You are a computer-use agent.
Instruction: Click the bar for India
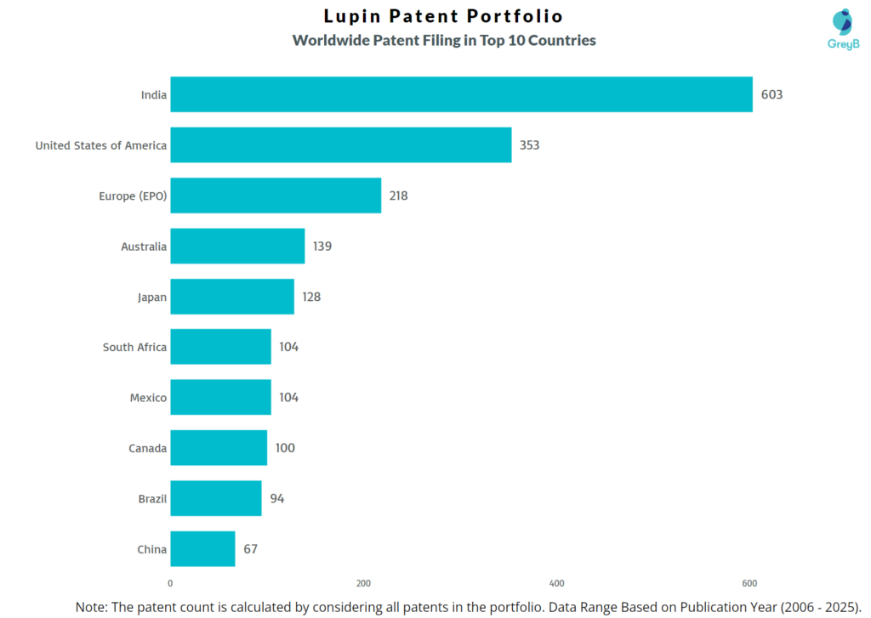tap(461, 94)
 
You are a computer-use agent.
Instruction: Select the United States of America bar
tap(340, 145)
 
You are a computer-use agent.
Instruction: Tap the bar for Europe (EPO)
tap(276, 196)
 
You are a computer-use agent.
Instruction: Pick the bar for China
tap(202, 549)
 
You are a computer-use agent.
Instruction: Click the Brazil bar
tap(215, 498)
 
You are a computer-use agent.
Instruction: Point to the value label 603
tap(771, 94)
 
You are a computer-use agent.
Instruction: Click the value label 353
tap(529, 145)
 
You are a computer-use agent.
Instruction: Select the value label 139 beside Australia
tap(322, 247)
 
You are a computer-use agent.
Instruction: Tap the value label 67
tap(250, 549)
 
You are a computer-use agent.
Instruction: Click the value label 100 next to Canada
tap(285, 448)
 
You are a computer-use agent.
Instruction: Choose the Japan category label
tap(151, 298)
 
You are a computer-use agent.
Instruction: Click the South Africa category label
tap(134, 347)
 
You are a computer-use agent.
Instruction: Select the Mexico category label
tap(148, 398)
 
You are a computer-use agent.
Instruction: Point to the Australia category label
tap(144, 247)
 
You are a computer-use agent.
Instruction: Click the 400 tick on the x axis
tap(557, 583)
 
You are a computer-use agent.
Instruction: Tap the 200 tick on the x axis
tap(363, 583)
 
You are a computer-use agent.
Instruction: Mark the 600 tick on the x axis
tap(749, 583)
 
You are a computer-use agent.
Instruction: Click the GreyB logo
tap(843, 29)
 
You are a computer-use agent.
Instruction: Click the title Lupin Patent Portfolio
tap(443, 16)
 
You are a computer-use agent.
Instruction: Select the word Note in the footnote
tap(92, 607)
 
